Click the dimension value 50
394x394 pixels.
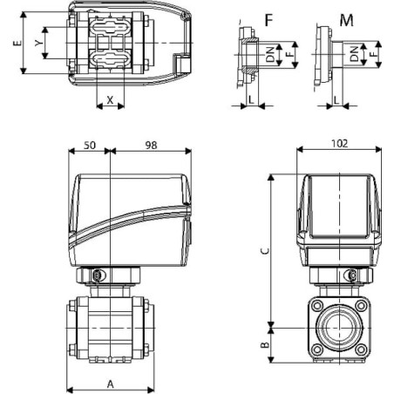(x=90, y=145)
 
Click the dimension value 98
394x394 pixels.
(x=151, y=145)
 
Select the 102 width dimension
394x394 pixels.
(x=339, y=143)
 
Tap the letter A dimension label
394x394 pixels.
(x=111, y=384)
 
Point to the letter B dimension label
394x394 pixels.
(x=265, y=345)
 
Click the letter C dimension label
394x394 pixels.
(x=265, y=251)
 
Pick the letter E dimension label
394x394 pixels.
(x=17, y=43)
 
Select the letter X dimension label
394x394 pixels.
(x=110, y=100)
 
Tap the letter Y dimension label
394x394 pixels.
(x=39, y=43)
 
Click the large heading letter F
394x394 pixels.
(x=269, y=20)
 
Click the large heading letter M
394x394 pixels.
(x=346, y=20)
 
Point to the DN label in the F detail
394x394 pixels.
(x=270, y=54)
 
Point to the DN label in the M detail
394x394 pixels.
(x=354, y=54)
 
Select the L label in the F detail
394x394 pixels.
(x=251, y=99)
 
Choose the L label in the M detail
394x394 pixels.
(x=336, y=100)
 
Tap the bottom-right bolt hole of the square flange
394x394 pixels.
(x=361, y=350)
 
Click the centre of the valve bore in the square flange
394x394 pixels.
(x=339, y=328)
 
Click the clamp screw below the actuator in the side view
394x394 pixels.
(x=97, y=275)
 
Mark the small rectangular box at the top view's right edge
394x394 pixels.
(x=182, y=64)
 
